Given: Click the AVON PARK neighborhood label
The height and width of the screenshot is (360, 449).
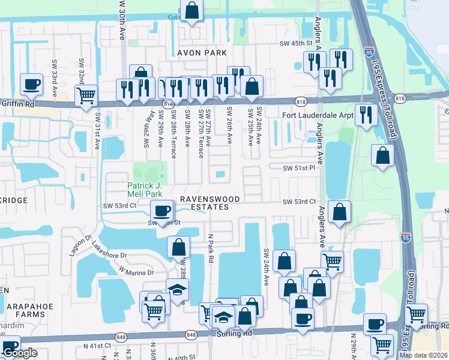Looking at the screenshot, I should click(x=200, y=53).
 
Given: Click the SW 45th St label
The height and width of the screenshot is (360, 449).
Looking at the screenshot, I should click(x=296, y=43).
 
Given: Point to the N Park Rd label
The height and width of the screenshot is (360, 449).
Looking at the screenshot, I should click(x=211, y=248).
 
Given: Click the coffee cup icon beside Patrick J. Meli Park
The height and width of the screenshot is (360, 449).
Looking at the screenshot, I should click(x=161, y=211).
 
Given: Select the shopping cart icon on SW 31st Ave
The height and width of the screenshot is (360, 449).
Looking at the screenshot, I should click(x=86, y=94).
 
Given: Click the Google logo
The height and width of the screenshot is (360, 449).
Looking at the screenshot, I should click(x=20, y=353).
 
